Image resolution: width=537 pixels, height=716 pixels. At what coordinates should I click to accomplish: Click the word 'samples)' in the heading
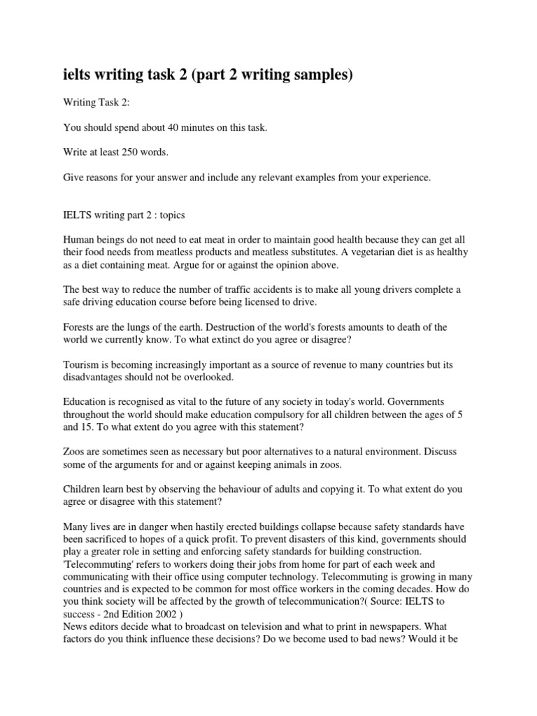pyautogui.click(x=310, y=74)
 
